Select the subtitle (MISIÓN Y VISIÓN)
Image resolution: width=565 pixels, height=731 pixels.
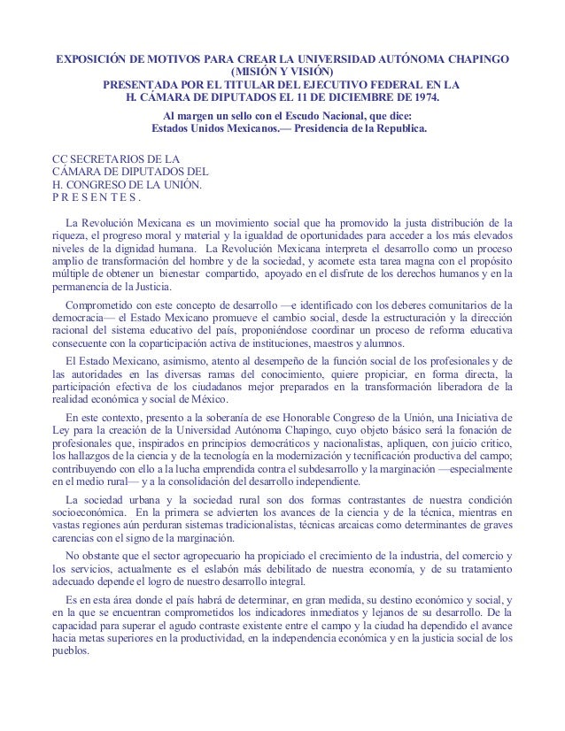coord(282,73)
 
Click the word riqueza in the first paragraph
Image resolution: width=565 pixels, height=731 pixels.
coord(72,236)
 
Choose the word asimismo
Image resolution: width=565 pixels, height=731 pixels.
coord(179,362)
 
